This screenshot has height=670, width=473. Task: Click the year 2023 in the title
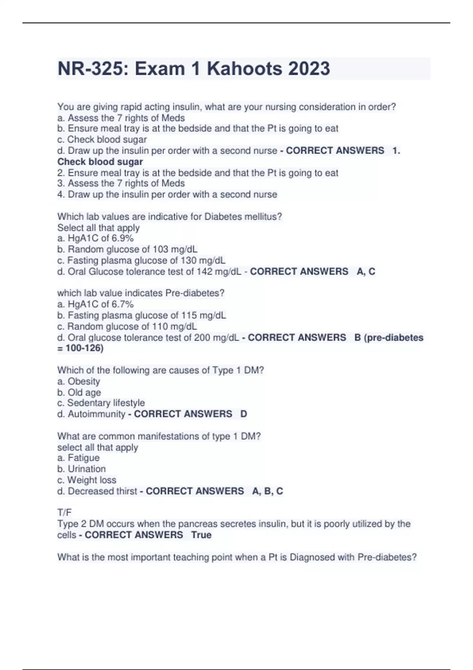pos(309,69)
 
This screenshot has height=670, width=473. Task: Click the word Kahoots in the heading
pos(244,69)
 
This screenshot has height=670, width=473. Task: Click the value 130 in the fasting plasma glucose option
pos(188,261)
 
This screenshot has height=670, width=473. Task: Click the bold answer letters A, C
pos(366,272)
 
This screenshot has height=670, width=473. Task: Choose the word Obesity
pos(84,382)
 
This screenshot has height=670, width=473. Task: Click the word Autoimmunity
pos(97,414)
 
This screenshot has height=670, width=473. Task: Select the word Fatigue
pos(84,458)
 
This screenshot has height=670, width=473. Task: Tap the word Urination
pos(87,469)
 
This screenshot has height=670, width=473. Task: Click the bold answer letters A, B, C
pos(268,491)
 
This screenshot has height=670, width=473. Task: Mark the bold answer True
pos(201,535)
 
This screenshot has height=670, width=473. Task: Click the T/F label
pos(64,513)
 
